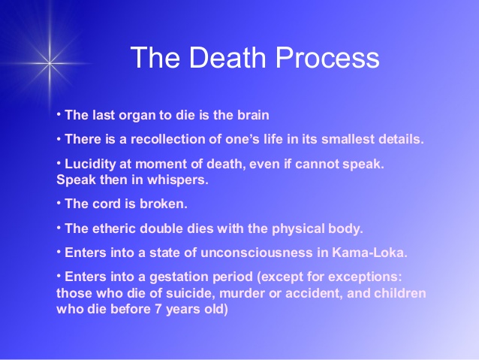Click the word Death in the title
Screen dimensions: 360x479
(x=217, y=58)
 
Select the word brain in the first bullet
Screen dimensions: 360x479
(x=251, y=116)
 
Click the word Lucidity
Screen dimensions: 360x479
(x=90, y=163)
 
